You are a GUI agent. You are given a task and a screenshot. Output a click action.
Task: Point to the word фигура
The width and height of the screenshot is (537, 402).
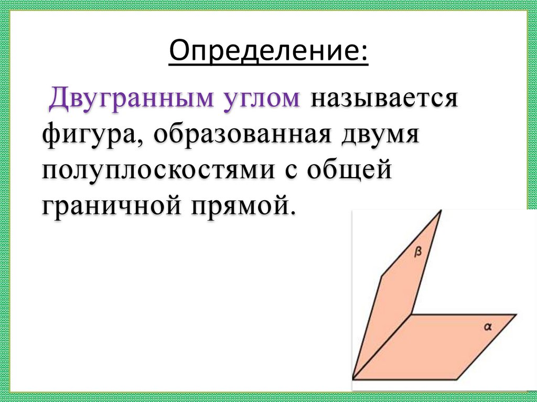click(x=90, y=135)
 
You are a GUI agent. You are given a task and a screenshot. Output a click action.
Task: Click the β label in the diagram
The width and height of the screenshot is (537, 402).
click(x=418, y=252)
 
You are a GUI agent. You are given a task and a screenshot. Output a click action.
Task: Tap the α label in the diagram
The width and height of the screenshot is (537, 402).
click(x=487, y=327)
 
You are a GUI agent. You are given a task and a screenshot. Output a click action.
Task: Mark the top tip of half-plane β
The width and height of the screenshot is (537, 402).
click(x=441, y=211)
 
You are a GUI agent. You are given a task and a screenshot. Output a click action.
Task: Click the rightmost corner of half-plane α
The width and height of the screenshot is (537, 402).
click(x=517, y=314)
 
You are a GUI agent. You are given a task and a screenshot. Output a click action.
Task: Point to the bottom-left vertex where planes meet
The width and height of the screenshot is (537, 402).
click(x=353, y=378)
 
